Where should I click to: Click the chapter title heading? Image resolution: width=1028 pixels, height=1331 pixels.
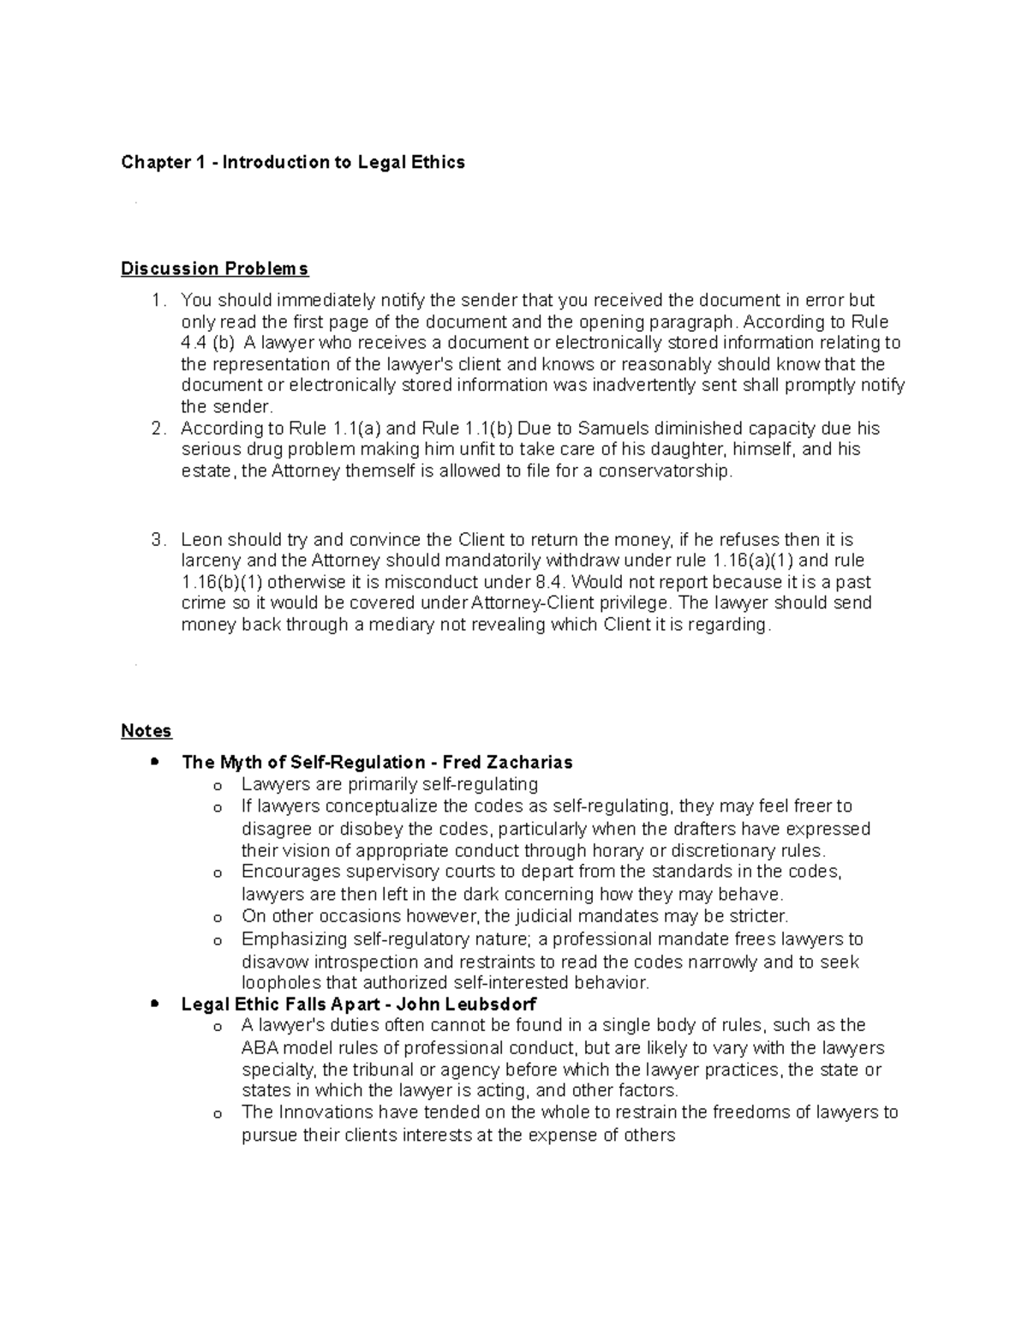click(293, 162)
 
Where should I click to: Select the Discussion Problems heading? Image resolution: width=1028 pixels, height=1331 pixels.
click(214, 269)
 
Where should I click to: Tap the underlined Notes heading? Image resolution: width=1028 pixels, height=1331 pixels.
click(146, 731)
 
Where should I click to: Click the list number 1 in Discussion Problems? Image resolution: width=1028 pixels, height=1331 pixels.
click(156, 301)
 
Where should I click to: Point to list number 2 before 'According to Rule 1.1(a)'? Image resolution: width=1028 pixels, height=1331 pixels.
click(156, 429)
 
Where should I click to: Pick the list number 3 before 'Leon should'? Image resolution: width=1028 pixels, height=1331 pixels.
click(156, 540)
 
